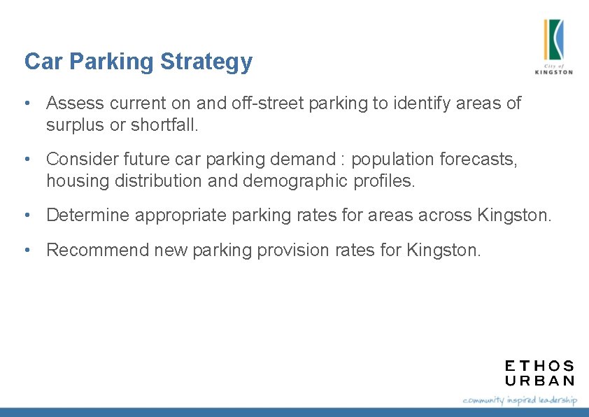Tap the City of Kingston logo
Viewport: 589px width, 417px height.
[553, 46]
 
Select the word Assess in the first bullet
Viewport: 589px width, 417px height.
[73, 104]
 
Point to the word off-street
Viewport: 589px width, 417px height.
[256, 104]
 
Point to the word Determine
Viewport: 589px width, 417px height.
[88, 215]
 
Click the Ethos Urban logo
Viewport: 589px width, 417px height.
[539, 373]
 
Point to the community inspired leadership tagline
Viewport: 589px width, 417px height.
[520, 400]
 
